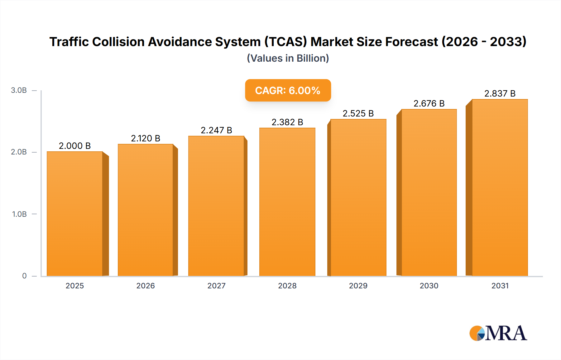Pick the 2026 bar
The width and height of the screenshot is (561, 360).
click(145, 210)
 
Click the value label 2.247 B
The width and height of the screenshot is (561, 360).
click(216, 130)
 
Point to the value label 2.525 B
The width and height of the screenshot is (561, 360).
click(358, 113)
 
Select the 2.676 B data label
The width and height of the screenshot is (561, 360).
click(429, 103)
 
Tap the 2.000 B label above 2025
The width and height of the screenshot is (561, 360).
click(75, 146)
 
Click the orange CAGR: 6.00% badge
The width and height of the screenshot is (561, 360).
click(288, 90)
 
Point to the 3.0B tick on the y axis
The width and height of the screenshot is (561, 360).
click(19, 90)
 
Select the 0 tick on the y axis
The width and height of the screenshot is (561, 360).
click(24, 276)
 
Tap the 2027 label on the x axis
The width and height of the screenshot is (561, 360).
click(216, 286)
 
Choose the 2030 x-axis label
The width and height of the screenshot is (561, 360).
click(429, 286)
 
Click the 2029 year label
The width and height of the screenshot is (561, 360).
click(358, 286)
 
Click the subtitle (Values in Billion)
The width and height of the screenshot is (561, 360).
click(288, 58)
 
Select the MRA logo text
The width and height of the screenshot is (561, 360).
click(506, 333)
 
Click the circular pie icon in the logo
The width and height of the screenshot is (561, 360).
click(477, 333)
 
